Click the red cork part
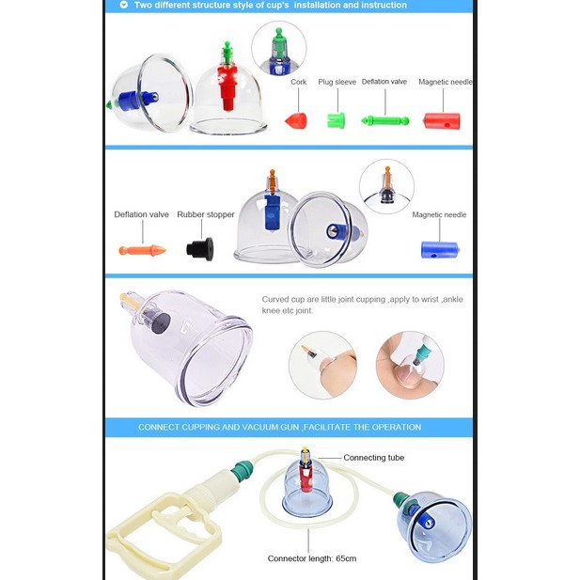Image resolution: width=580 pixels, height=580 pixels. point(296,120)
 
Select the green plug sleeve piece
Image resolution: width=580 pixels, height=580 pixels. point(336,120)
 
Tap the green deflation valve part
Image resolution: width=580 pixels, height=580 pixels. point(385,120)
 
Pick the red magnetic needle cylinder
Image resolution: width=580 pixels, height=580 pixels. point(442,121)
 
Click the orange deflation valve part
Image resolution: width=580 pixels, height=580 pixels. point(142,250)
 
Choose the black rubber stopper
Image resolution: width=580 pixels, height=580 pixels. point(199,248)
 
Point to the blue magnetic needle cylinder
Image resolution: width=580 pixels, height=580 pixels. point(440,250)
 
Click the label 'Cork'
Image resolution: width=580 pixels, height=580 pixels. point(299,82)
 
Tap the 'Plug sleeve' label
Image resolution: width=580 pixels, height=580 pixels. point(337,82)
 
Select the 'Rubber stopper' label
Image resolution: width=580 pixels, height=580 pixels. point(206,214)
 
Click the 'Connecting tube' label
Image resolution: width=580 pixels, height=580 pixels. point(373,458)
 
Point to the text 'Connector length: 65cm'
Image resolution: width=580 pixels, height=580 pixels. point(312,558)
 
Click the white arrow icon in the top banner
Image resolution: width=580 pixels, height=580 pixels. point(124,5)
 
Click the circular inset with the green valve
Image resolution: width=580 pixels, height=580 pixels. point(279,48)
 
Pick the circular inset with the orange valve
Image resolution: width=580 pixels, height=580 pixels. point(386,186)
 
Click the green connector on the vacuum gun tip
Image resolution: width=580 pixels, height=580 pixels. point(242,471)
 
